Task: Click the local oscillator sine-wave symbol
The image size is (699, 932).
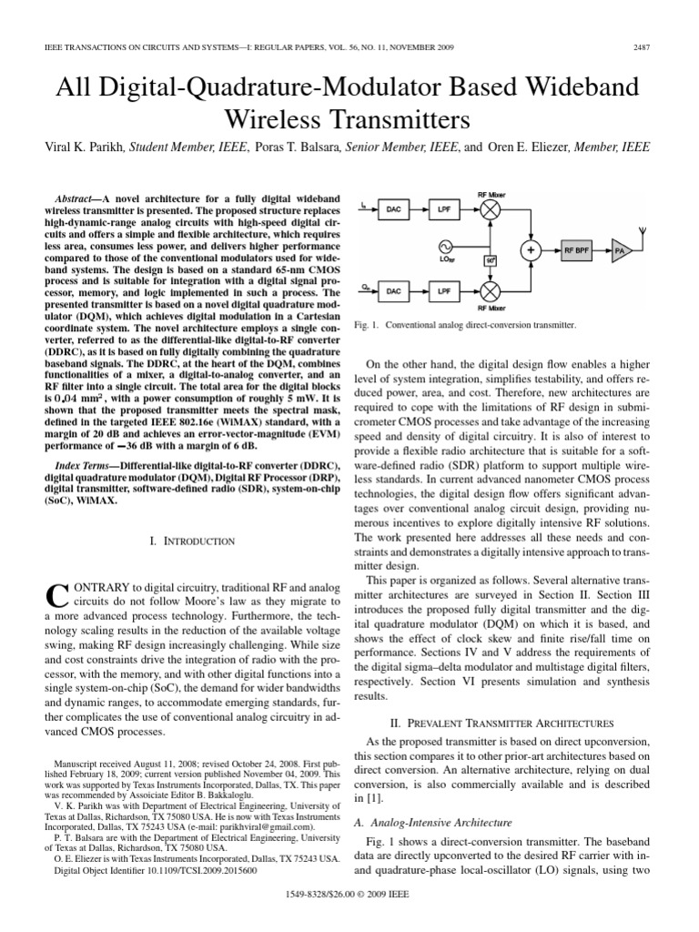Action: point(446,248)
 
